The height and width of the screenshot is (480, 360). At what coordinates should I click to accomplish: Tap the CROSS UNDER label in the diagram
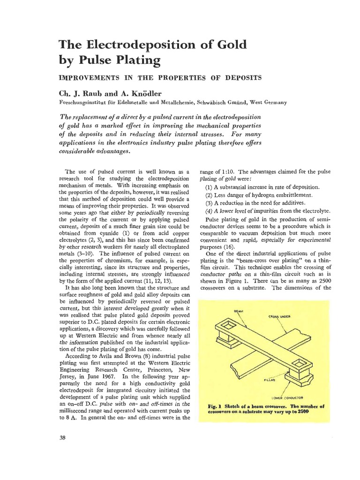click(x=280, y=316)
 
